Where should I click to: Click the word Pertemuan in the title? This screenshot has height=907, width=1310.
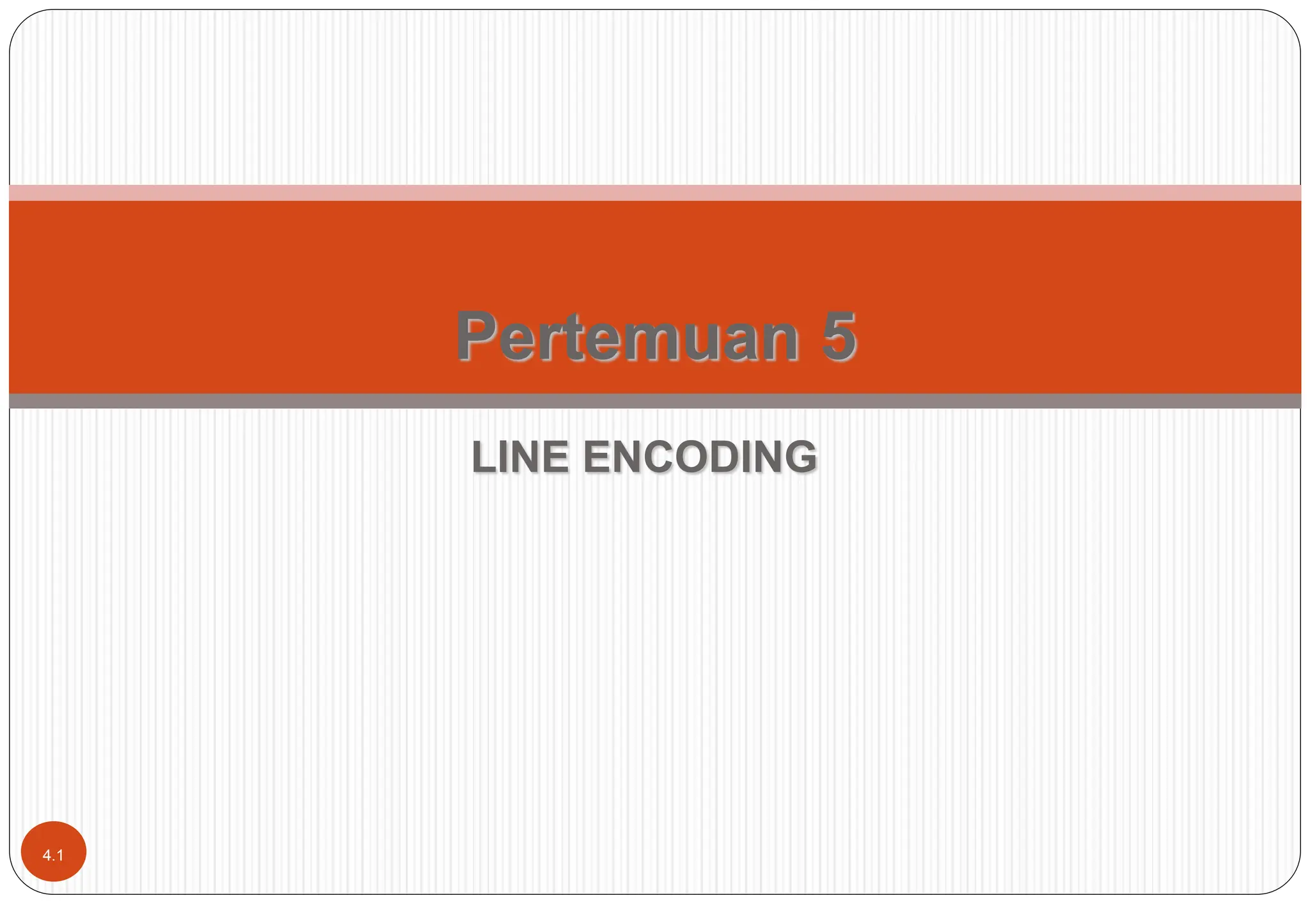pyautogui.click(x=627, y=336)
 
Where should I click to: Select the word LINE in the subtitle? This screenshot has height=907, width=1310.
pyautogui.click(x=520, y=457)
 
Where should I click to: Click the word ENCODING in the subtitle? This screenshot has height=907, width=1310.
pyautogui.click(x=700, y=457)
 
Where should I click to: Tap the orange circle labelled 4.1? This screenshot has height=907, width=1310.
pyautogui.click(x=54, y=851)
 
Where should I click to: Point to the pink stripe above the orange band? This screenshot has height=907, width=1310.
pyautogui.click(x=655, y=193)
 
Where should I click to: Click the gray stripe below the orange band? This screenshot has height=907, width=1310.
pyautogui.click(x=655, y=401)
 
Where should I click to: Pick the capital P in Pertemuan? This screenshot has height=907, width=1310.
pyautogui.click(x=476, y=336)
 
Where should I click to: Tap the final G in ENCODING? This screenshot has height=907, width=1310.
pyautogui.click(x=800, y=457)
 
